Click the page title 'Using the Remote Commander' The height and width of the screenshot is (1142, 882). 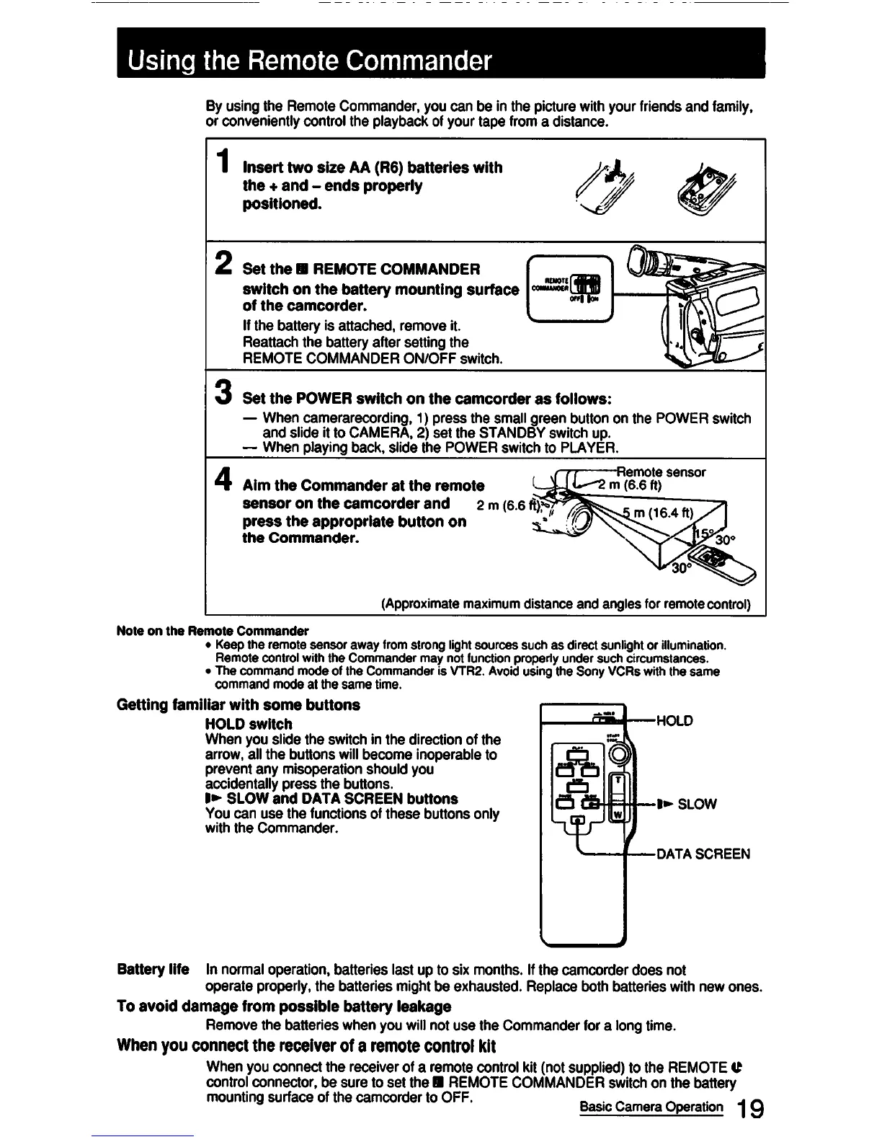pyautogui.click(x=310, y=60)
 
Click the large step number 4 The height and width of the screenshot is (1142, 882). pyautogui.click(x=225, y=478)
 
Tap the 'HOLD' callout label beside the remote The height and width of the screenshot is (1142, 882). pyautogui.click(x=674, y=720)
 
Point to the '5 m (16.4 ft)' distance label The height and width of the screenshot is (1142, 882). pyautogui.click(x=658, y=514)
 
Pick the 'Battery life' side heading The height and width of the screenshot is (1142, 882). pyautogui.click(x=153, y=969)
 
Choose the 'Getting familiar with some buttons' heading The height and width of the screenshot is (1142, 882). pyautogui.click(x=238, y=704)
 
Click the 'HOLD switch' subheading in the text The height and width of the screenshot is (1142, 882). pyautogui.click(x=249, y=724)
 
